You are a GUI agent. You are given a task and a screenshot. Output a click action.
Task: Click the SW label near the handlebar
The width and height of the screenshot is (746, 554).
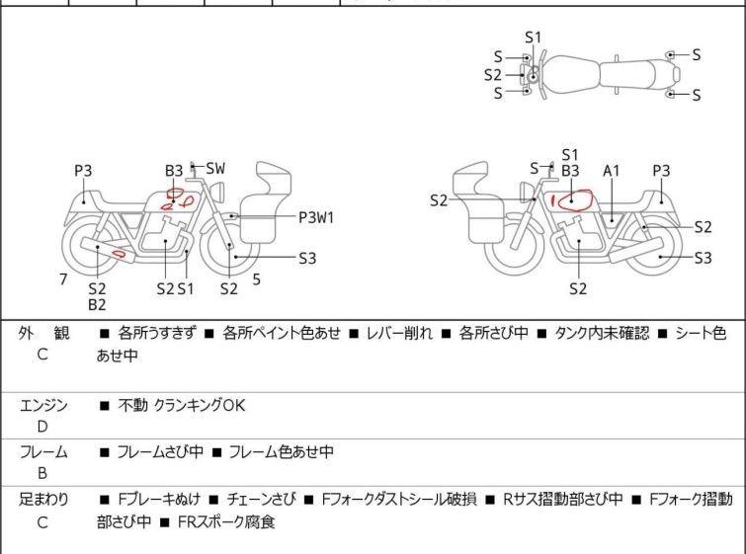(x=215, y=169)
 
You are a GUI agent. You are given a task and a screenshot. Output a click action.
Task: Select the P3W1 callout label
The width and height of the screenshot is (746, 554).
(x=317, y=216)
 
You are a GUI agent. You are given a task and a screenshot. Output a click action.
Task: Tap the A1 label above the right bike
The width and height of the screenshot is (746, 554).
(x=612, y=171)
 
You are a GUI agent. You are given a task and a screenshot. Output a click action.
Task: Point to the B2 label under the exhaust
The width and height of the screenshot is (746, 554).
(x=97, y=305)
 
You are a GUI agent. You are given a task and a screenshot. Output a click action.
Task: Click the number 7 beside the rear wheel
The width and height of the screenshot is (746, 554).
(x=63, y=279)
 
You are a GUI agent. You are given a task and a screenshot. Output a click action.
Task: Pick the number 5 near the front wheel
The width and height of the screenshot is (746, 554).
(x=256, y=279)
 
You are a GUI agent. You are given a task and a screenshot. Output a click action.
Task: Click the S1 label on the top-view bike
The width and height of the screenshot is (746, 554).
(x=534, y=38)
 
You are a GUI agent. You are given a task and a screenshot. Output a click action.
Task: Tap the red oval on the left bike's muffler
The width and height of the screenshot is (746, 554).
(x=118, y=256)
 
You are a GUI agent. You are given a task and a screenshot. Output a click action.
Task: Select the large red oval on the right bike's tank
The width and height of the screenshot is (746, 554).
(x=573, y=201)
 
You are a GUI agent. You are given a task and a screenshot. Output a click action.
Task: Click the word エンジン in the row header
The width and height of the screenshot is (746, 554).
(x=44, y=405)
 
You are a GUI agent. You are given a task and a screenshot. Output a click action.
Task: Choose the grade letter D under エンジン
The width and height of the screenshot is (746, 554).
(x=42, y=427)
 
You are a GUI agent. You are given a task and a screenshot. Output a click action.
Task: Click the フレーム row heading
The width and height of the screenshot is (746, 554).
(x=44, y=452)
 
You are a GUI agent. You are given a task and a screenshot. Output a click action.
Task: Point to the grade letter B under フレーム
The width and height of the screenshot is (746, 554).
(x=42, y=473)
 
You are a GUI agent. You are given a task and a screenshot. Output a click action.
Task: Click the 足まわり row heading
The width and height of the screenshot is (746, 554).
(x=44, y=500)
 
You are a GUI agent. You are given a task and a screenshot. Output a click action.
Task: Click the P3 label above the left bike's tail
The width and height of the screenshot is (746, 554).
(x=83, y=171)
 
